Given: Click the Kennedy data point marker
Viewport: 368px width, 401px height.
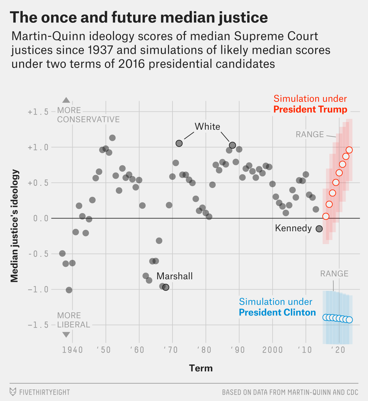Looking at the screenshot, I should pyautogui.click(x=319, y=229).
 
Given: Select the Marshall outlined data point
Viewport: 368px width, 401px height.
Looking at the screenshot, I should pyautogui.click(x=166, y=287).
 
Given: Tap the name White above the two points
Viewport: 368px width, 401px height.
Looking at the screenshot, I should pyautogui.click(x=207, y=127).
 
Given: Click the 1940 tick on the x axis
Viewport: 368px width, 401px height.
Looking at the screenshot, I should pyautogui.click(x=72, y=350).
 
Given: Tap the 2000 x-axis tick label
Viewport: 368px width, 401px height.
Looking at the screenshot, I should pyautogui.click(x=273, y=350).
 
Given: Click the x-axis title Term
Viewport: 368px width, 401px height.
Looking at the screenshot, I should pyautogui.click(x=201, y=368).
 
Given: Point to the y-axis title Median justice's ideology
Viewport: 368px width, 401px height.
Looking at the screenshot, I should pyautogui.click(x=15, y=226).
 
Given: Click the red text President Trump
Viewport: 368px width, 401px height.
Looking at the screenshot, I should pyautogui.click(x=310, y=110).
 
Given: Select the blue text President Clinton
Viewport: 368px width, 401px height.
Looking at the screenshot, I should pyautogui.click(x=277, y=313).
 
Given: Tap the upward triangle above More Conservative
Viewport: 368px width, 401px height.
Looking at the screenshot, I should pyautogui.click(x=66, y=100).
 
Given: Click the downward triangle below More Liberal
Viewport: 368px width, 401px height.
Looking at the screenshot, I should pyautogui.click(x=66, y=335).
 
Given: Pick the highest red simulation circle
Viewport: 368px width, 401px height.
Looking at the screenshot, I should pyautogui.click(x=349, y=150).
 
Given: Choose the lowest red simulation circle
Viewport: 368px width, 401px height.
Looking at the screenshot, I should pyautogui.click(x=326, y=216).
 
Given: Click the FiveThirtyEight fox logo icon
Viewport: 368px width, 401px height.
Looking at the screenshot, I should pyautogui.click(x=13, y=392).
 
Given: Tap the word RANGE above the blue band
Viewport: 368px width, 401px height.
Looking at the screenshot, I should pyautogui.click(x=334, y=274).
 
